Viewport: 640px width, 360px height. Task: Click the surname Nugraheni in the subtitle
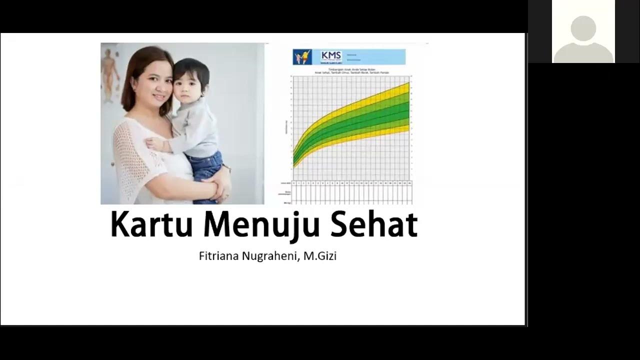270,256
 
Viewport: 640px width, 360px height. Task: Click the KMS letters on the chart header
330,55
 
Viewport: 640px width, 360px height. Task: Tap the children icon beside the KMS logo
302,57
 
